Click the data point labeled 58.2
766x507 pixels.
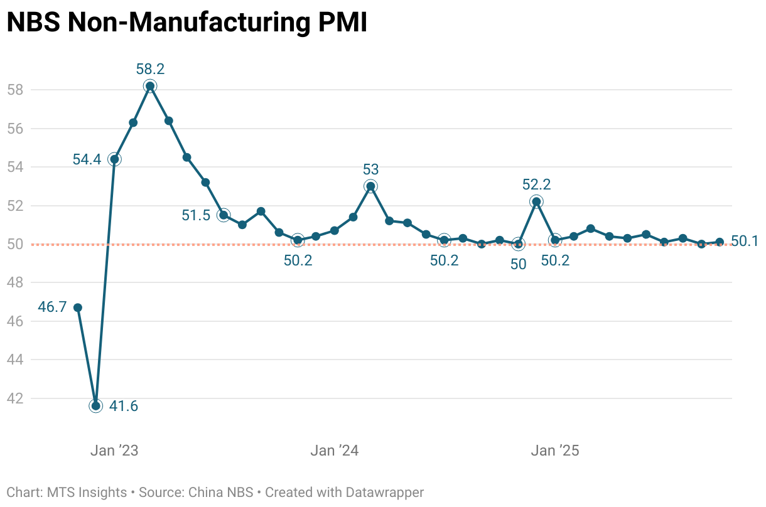coord(150,86)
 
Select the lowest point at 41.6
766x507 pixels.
coord(96,406)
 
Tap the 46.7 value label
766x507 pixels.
coord(52,307)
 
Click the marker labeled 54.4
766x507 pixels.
coord(114,159)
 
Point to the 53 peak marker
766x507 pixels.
coord(370,186)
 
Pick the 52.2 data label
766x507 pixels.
coord(536,184)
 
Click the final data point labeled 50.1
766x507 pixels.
coord(720,242)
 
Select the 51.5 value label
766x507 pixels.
coord(196,215)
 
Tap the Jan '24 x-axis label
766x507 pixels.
coord(334,451)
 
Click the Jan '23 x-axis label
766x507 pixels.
coord(114,451)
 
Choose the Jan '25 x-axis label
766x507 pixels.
coord(554,451)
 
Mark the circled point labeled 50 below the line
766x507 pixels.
coord(518,244)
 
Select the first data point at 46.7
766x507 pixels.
coord(78,307)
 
